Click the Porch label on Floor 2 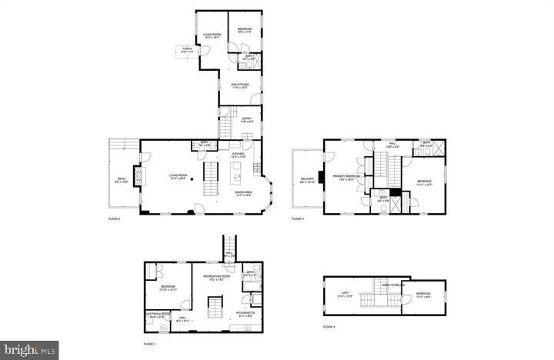coord(187,49)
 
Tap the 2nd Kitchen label coord(240,85)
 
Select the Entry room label coord(246,119)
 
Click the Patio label coord(121,182)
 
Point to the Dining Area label coord(245,193)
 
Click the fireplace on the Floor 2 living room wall coord(138,178)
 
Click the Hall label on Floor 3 coord(391,144)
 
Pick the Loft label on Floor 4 coord(345,294)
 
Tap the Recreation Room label coord(216,277)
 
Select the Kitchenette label coord(245,314)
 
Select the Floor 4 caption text coord(329,327)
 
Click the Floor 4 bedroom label coord(424,295)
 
